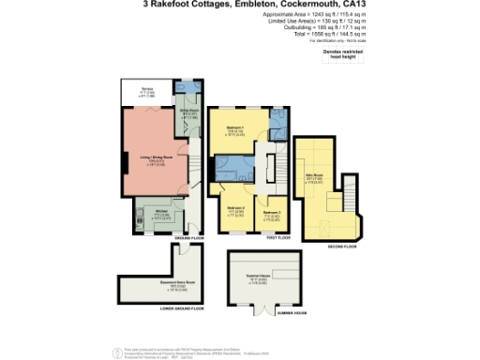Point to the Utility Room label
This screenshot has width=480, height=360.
(x=188, y=117)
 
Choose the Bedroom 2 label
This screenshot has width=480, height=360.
(x=236, y=212)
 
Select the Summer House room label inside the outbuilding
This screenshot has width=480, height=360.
(x=264, y=280)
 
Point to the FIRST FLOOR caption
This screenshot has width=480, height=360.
(x=277, y=238)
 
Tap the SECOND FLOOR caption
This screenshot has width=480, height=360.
(x=343, y=246)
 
